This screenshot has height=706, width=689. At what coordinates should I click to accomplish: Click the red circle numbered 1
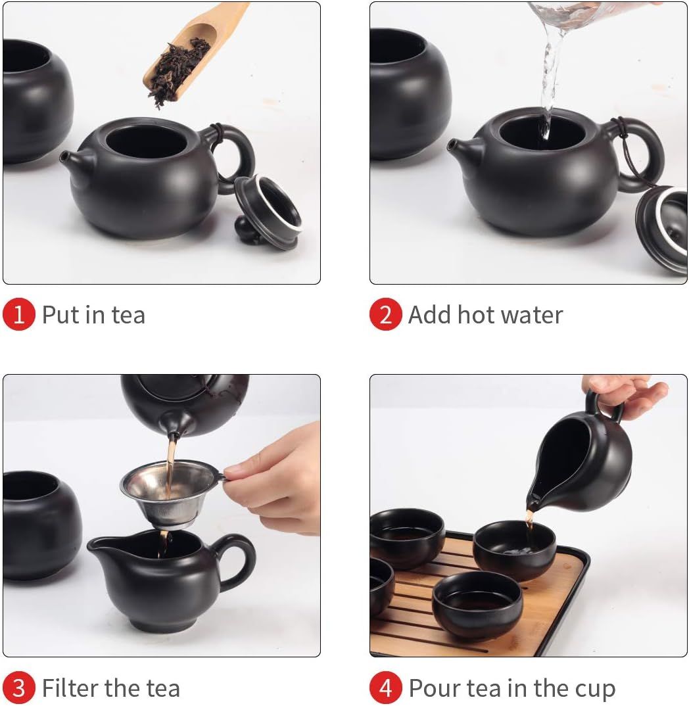tap(19, 314)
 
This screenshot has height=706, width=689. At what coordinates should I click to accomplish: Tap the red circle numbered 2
tap(385, 314)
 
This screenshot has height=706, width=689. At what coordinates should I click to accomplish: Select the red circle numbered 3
tap(19, 688)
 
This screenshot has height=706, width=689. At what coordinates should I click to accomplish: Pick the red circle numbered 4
tap(385, 688)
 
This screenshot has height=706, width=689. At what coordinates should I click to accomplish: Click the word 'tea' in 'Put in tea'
tap(128, 315)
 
